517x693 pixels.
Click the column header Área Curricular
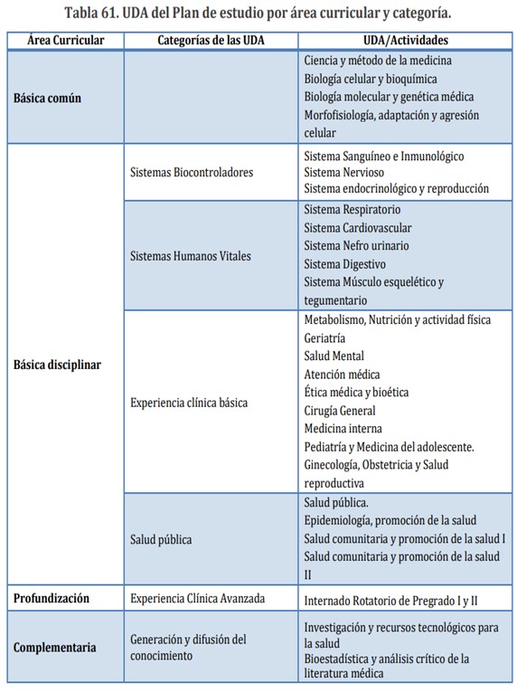[65, 41]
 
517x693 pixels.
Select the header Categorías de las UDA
[211, 41]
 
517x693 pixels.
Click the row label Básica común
[47, 97]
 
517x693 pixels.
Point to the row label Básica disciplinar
[57, 365]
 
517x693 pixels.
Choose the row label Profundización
[52, 598]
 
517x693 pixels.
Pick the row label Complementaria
[55, 647]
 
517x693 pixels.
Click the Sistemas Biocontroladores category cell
[192, 172]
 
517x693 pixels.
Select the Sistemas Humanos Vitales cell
[191, 256]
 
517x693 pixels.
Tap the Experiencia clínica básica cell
[189, 402]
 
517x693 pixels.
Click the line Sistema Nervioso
[343, 172]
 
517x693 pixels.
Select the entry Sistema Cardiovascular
[358, 228]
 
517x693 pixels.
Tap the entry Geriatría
[325, 337]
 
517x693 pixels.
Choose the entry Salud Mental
[334, 356]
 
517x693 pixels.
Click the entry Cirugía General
[340, 410]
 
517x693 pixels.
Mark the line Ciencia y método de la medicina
[378, 61]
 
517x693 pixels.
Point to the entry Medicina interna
[343, 428]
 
